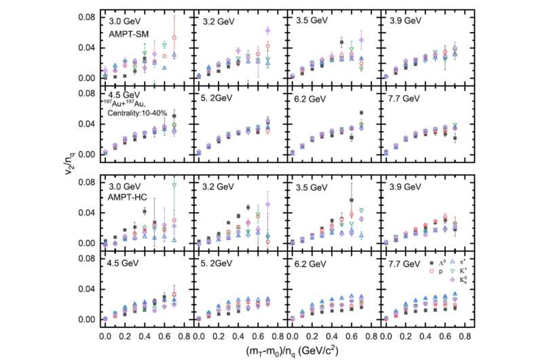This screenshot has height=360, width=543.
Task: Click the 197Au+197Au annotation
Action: pyautogui.click(x=125, y=103)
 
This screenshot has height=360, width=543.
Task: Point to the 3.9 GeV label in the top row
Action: pyautogui.click(x=405, y=20)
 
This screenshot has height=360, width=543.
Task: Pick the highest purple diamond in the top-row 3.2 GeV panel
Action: pyautogui.click(x=267, y=31)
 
